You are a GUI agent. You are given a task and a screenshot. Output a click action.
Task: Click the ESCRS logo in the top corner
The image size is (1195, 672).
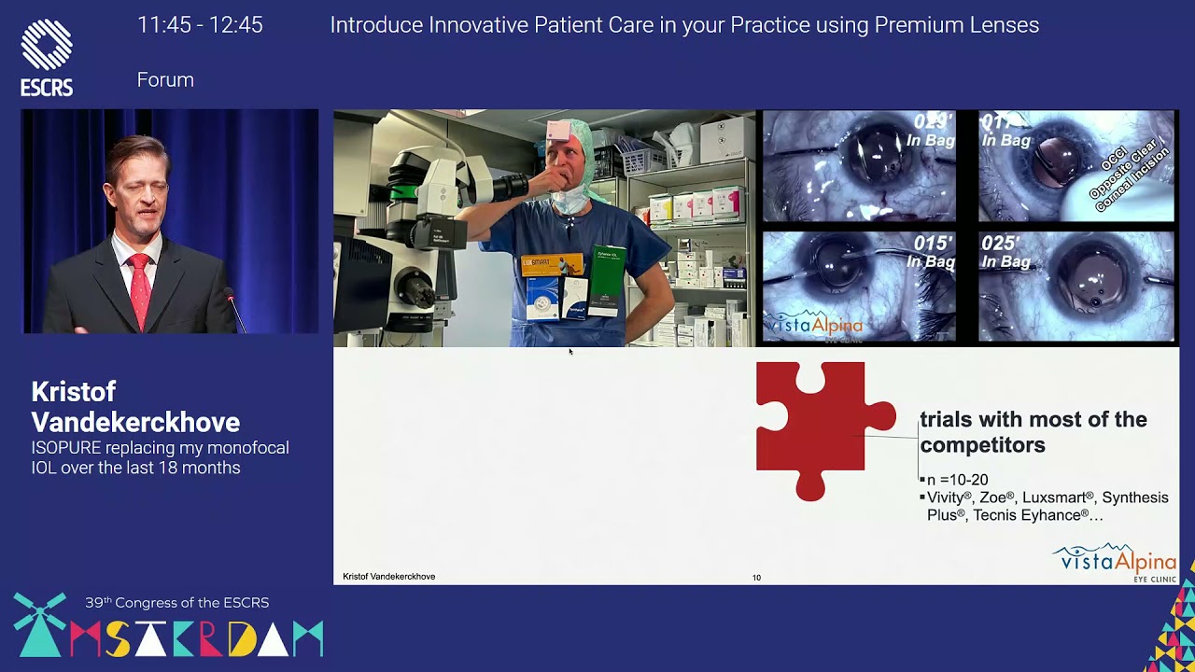click(x=47, y=58)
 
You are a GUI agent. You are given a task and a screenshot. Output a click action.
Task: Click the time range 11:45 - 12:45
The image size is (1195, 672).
click(x=200, y=25)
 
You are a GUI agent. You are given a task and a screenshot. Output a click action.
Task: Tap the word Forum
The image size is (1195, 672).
click(x=165, y=80)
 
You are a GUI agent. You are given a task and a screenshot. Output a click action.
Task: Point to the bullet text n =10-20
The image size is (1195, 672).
click(x=956, y=480)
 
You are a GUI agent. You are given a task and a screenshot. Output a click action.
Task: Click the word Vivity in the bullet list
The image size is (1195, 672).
click(x=947, y=497)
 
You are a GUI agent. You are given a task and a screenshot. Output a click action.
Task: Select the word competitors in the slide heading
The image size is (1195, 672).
click(x=982, y=445)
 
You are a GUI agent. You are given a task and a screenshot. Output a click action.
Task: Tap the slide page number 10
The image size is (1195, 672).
click(x=756, y=578)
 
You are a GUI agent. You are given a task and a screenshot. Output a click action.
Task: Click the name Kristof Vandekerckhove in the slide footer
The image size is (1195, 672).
click(x=388, y=577)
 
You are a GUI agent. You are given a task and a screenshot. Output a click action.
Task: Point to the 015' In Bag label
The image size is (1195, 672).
click(x=933, y=252)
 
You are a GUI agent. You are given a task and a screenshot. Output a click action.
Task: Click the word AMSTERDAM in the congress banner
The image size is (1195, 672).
click(x=196, y=638)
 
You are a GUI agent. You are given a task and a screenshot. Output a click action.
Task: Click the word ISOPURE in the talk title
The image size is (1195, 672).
click(x=66, y=448)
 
